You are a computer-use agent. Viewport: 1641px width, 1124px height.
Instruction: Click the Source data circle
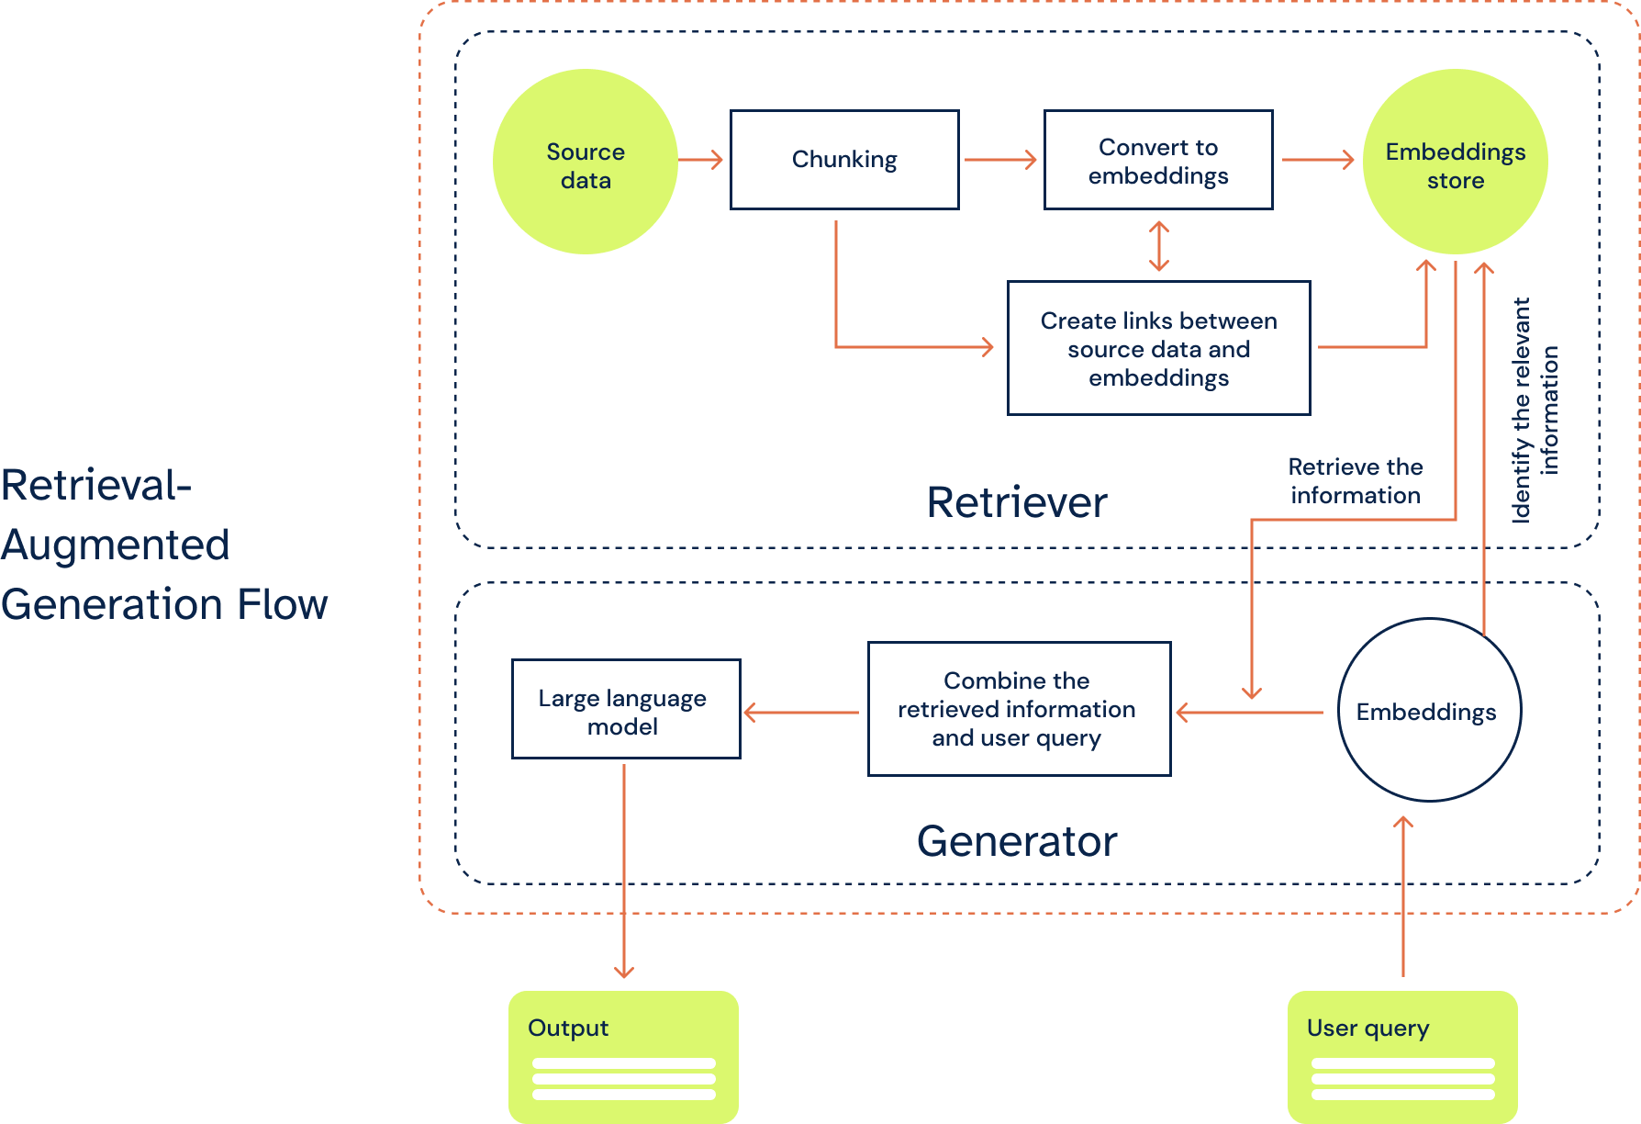[x=586, y=162]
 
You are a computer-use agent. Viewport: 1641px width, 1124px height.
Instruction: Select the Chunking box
[x=844, y=160]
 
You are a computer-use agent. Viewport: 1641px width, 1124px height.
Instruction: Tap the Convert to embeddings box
[x=1158, y=160]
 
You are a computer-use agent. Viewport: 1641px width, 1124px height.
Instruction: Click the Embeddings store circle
[x=1455, y=162]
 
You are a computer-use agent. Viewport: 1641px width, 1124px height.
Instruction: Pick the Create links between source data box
[x=1158, y=348]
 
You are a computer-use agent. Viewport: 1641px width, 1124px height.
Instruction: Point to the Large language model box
[x=625, y=709]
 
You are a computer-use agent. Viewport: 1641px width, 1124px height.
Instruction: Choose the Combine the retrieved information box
[x=1019, y=709]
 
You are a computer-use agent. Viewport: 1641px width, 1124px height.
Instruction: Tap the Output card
[x=623, y=1056]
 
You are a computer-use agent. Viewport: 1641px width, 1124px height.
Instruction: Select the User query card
[x=1401, y=1056]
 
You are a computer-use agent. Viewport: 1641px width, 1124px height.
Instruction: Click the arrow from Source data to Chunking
[x=701, y=160]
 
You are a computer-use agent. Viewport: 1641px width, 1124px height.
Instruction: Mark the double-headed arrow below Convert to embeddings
[x=1159, y=246]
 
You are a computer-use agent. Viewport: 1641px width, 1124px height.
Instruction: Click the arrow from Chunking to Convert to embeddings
[x=1000, y=160]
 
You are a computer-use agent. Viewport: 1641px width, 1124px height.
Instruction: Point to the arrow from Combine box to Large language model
[x=801, y=712]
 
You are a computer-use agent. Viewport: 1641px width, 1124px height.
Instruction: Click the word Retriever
[x=1016, y=502]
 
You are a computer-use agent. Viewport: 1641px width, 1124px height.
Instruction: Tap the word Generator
[x=1017, y=841]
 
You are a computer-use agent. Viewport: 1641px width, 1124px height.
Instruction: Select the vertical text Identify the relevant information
[x=1535, y=410]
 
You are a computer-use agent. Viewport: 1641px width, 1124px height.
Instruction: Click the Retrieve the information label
[x=1355, y=481]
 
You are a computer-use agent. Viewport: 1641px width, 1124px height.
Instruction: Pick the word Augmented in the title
[x=116, y=545]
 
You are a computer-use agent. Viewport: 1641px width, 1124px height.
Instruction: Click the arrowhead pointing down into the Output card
[x=624, y=972]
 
